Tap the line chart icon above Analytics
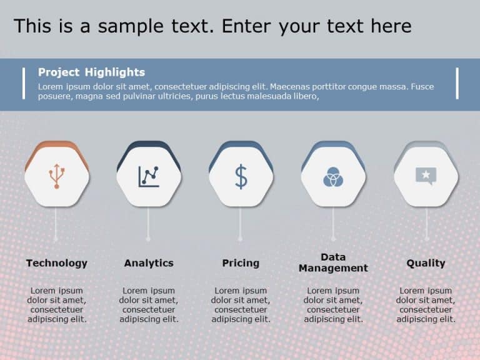pyautogui.click(x=149, y=176)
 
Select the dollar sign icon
pyautogui.click(x=241, y=176)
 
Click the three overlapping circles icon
pyautogui.click(x=333, y=177)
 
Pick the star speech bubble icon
pyautogui.click(x=426, y=176)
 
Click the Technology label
pyautogui.click(x=57, y=263)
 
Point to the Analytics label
pyautogui.click(x=149, y=263)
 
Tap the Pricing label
pyautogui.click(x=241, y=263)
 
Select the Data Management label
pyautogui.click(x=333, y=262)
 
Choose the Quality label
pyautogui.click(x=426, y=263)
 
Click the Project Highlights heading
pyautogui.click(x=91, y=72)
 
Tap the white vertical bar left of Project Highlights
pyautogui.click(x=24, y=83)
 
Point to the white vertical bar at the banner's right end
pyautogui.click(x=457, y=83)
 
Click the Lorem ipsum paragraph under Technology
pyautogui.click(x=57, y=305)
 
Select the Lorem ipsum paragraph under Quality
pyautogui.click(x=426, y=305)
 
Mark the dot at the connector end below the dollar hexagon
pyautogui.click(x=241, y=238)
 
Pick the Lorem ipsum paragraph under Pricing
pyautogui.click(x=241, y=305)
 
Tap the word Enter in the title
pyautogui.click(x=247, y=26)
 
